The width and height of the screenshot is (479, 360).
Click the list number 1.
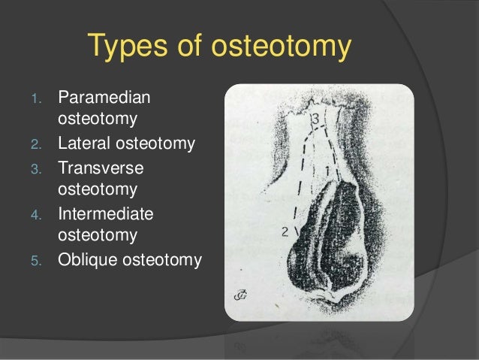click(x=43, y=98)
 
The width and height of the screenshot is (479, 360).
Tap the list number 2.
click(x=43, y=144)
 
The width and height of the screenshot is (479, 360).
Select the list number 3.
click(x=43, y=167)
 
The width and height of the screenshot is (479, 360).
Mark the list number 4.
click(x=43, y=215)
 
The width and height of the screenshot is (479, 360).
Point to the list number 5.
click(x=43, y=261)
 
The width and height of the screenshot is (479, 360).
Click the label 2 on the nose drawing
click(x=285, y=232)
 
